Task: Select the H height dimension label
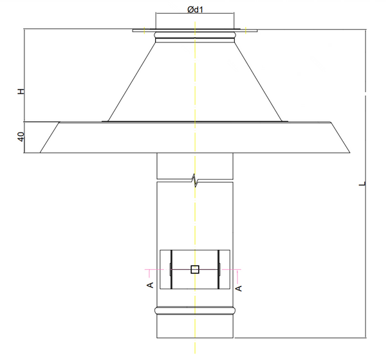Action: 21,92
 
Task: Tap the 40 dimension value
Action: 21,137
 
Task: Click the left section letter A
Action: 149,283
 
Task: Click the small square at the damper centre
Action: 195,269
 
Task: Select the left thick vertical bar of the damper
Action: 171,269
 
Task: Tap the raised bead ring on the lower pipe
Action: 194,312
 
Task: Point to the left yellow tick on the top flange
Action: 146,29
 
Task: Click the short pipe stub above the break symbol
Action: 194,166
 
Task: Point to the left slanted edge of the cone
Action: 132,81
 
